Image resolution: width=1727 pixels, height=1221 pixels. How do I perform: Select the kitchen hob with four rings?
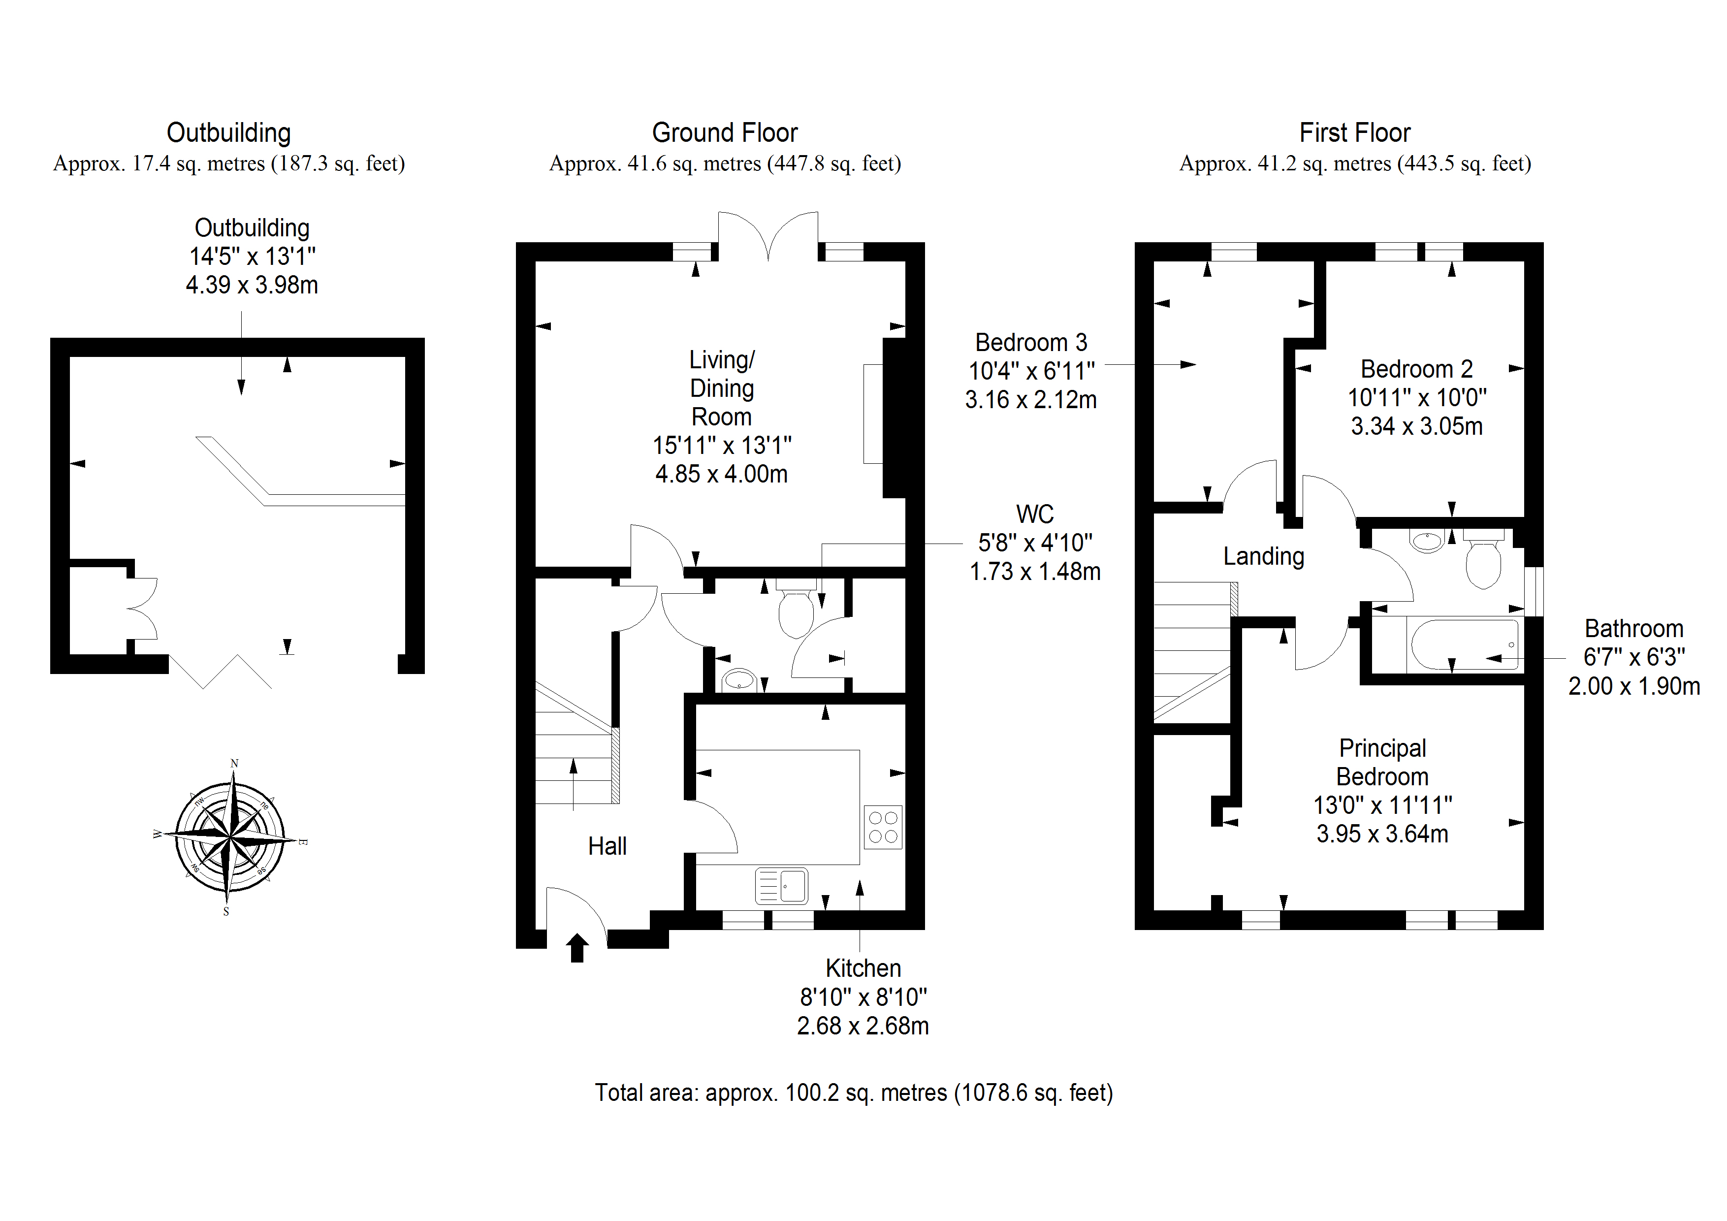[x=883, y=827]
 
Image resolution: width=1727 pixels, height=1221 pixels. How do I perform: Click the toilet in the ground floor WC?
[x=796, y=610]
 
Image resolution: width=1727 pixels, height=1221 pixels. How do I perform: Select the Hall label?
[x=607, y=846]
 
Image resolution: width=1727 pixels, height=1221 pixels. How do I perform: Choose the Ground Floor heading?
[x=724, y=133]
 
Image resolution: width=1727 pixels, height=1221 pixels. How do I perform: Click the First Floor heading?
[x=1355, y=133]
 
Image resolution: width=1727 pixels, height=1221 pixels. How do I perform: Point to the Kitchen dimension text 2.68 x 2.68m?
[x=863, y=1026]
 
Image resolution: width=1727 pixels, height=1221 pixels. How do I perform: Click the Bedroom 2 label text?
[x=1416, y=369]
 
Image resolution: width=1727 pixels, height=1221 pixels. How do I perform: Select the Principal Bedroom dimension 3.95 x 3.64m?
[x=1382, y=834]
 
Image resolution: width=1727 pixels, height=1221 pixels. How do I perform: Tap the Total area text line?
[x=854, y=1092]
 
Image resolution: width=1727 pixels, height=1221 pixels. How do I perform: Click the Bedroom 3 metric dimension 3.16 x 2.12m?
[x=1030, y=399]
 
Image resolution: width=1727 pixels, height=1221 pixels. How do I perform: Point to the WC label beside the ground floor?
[x=1034, y=514]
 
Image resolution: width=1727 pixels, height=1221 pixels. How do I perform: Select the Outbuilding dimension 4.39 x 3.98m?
[x=252, y=285]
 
